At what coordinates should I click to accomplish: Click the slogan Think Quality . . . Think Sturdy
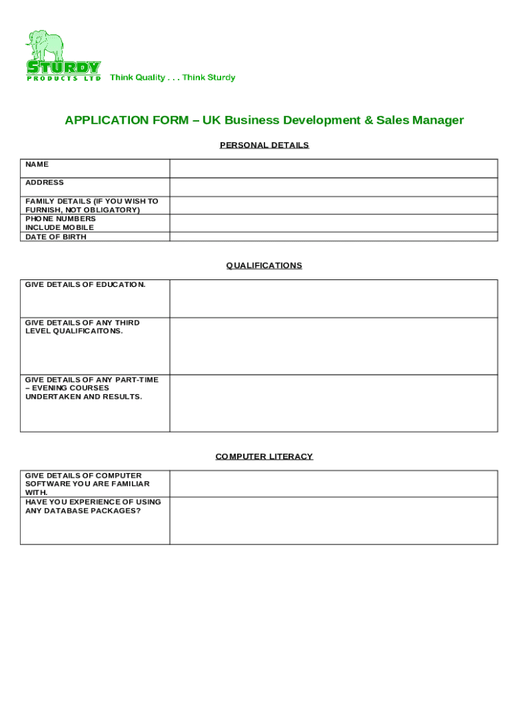tap(172, 78)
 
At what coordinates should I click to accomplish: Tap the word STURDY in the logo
tap(63, 67)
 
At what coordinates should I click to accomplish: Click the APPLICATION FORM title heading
tap(264, 121)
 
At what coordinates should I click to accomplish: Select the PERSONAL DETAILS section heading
tap(264, 146)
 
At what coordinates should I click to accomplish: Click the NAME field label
tap(37, 165)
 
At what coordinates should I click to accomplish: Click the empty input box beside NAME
tap(333, 168)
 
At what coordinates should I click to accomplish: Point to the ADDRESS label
tap(45, 183)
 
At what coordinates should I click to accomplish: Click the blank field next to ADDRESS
tap(333, 187)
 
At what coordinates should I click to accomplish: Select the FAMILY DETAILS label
tap(91, 205)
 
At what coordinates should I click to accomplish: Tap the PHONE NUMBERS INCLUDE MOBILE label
tap(60, 223)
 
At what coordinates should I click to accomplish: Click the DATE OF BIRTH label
tap(56, 237)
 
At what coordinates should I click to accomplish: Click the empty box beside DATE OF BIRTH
tap(333, 237)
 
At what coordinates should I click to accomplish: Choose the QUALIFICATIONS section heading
tap(264, 266)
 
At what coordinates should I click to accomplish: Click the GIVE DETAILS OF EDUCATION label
tap(85, 284)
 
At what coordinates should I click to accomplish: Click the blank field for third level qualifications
tap(333, 346)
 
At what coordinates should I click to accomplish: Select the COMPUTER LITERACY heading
tap(264, 457)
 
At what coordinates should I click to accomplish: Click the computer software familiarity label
tap(87, 483)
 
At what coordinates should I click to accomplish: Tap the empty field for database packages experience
tap(333, 520)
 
